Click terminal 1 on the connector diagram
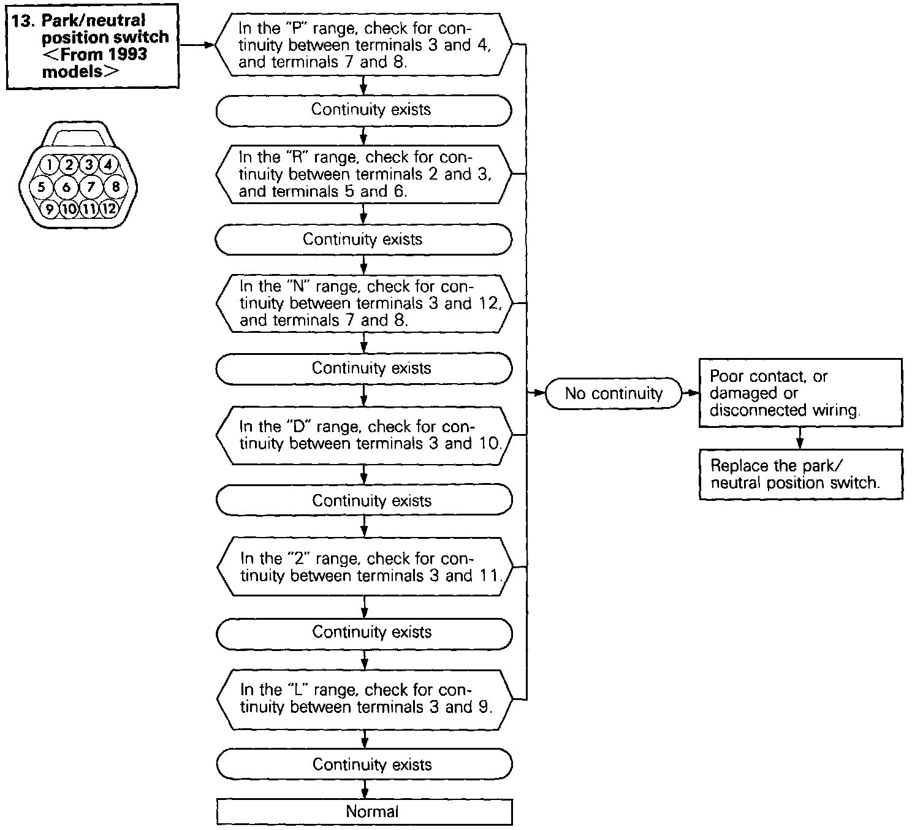point(50,164)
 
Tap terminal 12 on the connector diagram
point(109,209)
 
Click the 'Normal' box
point(364,812)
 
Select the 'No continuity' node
point(614,394)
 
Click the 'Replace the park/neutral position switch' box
point(800,474)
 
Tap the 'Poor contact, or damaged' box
point(800,393)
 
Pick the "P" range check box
point(364,45)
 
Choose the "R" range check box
point(364,174)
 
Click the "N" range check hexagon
point(364,303)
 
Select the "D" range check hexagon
point(364,435)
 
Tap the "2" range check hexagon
point(364,567)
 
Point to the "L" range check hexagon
point(364,699)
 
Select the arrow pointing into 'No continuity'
point(537,393)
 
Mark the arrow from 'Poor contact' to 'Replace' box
point(799,438)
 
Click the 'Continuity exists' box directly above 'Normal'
point(364,764)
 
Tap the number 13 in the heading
point(22,20)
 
